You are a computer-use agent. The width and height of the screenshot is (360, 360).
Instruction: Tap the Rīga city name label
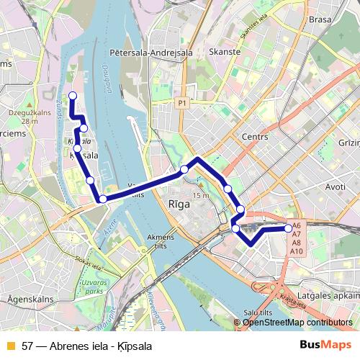point(179,204)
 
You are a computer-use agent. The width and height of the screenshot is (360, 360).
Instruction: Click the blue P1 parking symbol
point(182,103)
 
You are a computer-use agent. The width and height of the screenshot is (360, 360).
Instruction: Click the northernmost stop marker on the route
point(71,96)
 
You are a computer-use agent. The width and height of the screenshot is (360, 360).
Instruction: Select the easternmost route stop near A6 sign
point(289,228)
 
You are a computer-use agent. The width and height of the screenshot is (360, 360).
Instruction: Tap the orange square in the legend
point(9,346)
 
